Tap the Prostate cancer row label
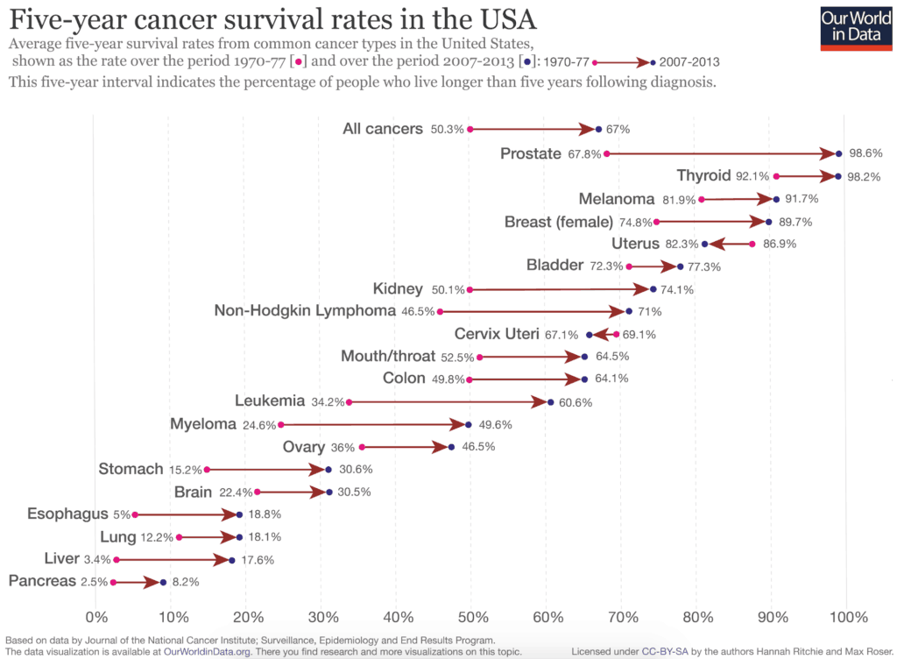[x=530, y=153]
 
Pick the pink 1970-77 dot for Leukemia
[x=349, y=402]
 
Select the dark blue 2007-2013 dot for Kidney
[x=653, y=289]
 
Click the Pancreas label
[x=42, y=581]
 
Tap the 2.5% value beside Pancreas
[x=94, y=582]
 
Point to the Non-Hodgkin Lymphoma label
[x=305, y=311]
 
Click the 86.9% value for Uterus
[x=780, y=244]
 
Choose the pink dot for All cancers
[x=470, y=129]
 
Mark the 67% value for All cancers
[x=618, y=129]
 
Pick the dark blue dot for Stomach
[x=328, y=470]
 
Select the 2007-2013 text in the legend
[x=690, y=62]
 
